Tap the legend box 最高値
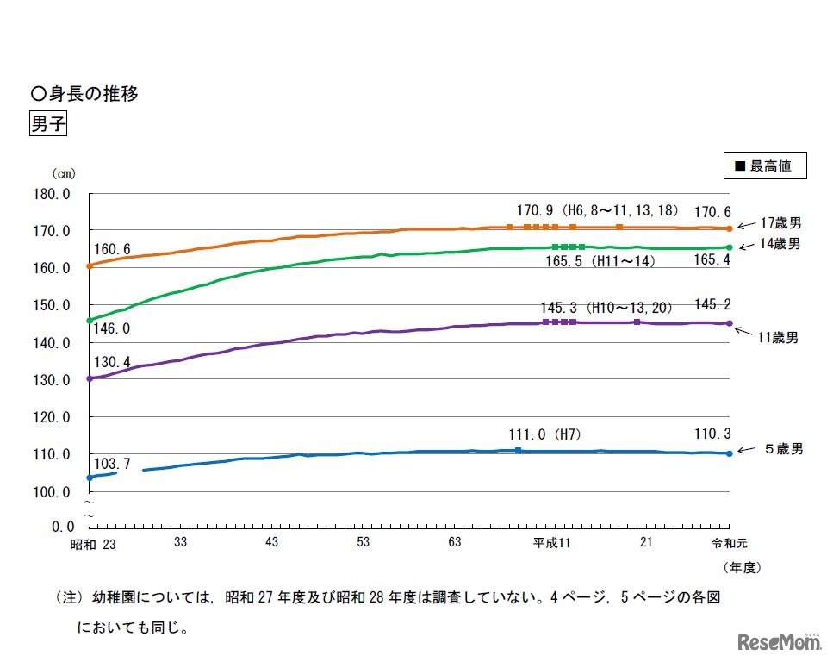[765, 165]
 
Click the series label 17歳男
[780, 222]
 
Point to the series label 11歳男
[778, 338]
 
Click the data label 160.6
[113, 250]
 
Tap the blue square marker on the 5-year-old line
[518, 451]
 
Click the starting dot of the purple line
[90, 378]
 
